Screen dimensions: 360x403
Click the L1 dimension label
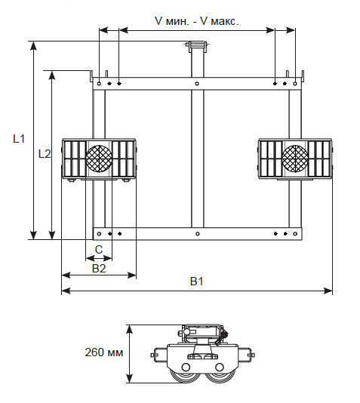(19, 139)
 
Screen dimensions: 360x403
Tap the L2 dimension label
(45, 154)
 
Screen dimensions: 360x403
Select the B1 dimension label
(196, 281)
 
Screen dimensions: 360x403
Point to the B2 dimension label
(99, 269)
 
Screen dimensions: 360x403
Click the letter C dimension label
(99, 250)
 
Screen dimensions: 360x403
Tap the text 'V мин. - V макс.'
(197, 21)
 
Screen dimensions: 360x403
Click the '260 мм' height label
(104, 352)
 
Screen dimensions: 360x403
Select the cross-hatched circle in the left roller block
(99, 158)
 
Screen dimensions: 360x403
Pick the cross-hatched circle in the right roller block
(295, 158)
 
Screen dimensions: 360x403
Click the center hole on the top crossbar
(197, 84)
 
